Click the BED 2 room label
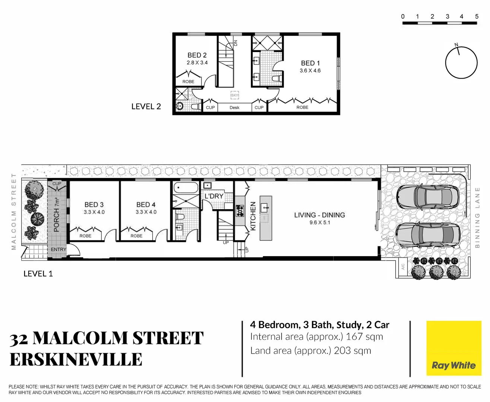point(197,55)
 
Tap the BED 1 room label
point(310,63)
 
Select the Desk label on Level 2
point(235,108)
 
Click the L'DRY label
point(214,196)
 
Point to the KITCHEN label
point(253,216)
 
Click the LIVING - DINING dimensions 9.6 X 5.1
point(319,223)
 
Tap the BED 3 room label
point(94,205)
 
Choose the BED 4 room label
point(146,205)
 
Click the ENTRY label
point(58,249)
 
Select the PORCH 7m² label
point(57,215)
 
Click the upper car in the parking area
point(428,197)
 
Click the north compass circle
point(461,63)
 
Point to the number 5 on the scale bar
point(477,16)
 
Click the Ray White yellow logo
point(454,348)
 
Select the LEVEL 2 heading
point(146,107)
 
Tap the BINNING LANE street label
point(478,217)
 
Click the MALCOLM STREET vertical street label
point(14,211)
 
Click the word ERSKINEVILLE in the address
point(76,360)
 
